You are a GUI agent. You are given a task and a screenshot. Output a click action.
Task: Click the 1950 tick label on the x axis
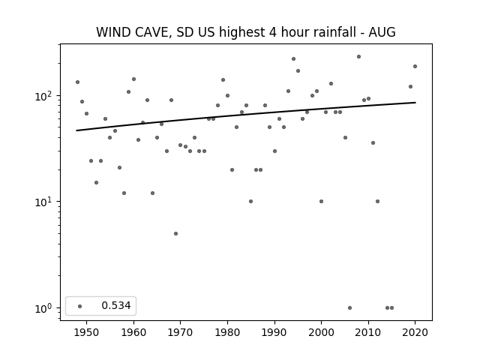pyautogui.click(x=87, y=332)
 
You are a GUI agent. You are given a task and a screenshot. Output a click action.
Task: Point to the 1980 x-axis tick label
pyautogui.click(x=227, y=332)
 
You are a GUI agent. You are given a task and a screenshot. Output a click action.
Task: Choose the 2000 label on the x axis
pyautogui.click(x=321, y=332)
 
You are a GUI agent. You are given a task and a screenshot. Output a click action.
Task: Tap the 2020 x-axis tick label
pyautogui.click(x=415, y=332)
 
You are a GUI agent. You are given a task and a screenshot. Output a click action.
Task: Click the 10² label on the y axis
pyautogui.click(x=46, y=96)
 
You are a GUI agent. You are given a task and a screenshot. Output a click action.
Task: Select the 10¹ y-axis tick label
pyautogui.click(x=46, y=202)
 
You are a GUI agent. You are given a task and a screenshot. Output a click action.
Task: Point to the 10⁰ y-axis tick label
pyautogui.click(x=46, y=308)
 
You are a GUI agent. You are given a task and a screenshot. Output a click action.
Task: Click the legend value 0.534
pyautogui.click(x=116, y=305)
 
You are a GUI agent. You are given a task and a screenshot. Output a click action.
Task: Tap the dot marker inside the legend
pyautogui.click(x=80, y=306)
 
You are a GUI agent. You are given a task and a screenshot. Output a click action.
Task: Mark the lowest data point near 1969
pyautogui.click(x=175, y=233)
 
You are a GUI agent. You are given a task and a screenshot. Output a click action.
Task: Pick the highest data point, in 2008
pyautogui.click(x=358, y=57)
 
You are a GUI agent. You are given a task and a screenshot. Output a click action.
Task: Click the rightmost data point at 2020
pyautogui.click(x=415, y=67)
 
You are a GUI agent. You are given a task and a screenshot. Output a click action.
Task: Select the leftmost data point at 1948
pyautogui.click(x=77, y=82)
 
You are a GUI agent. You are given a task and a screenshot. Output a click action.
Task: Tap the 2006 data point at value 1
pyautogui.click(x=349, y=308)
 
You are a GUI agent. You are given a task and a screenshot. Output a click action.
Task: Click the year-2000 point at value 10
pyautogui.click(x=321, y=202)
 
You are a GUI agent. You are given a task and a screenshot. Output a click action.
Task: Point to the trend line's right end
pyautogui.click(x=415, y=103)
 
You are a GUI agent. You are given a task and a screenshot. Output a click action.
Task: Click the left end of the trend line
pyautogui.click(x=76, y=130)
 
